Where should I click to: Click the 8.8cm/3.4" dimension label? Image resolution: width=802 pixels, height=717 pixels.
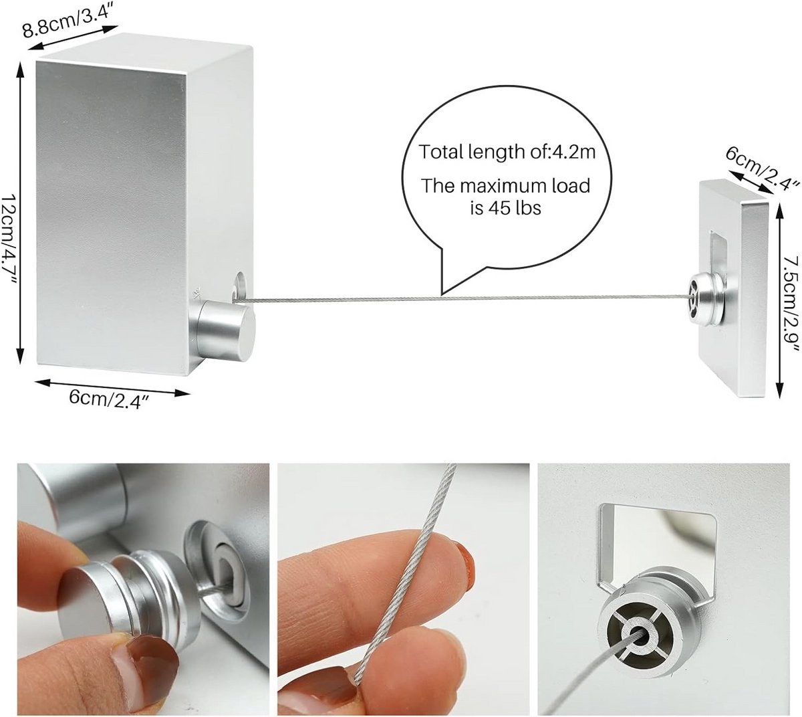[x=67, y=21]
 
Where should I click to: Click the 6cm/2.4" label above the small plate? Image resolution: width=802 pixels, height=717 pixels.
[x=755, y=169]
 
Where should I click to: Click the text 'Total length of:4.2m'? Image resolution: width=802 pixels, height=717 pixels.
[x=507, y=152]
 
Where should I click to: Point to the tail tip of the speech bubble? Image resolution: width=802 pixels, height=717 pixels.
[x=442, y=295]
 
